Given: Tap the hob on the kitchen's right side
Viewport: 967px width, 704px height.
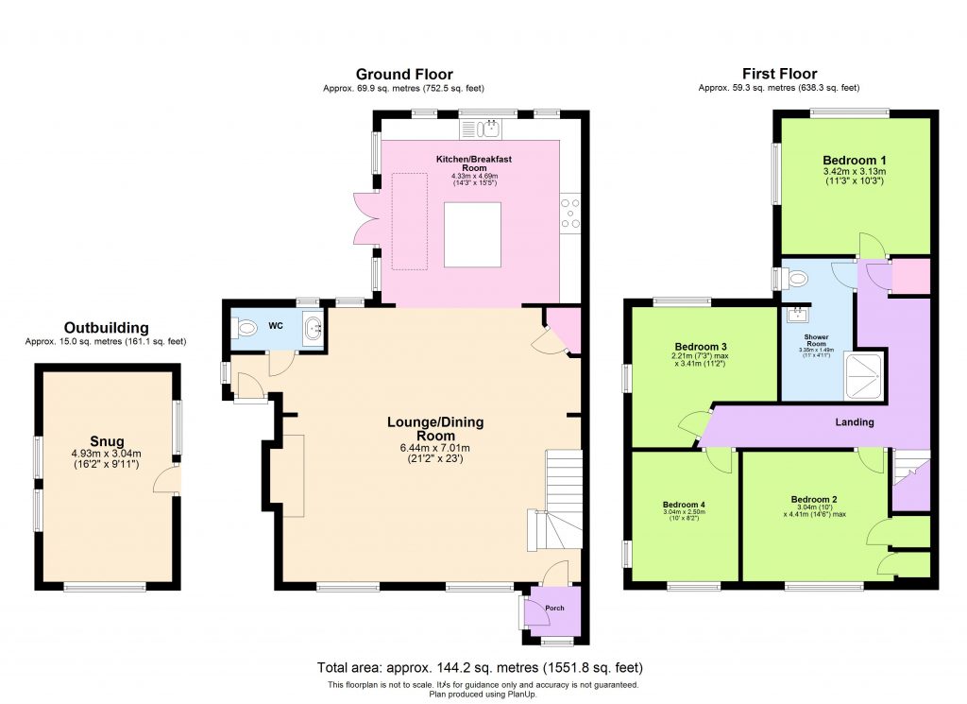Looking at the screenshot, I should [570, 213].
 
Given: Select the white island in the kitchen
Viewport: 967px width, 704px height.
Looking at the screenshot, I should [472, 234].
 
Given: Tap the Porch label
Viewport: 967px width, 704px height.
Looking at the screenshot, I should [554, 609].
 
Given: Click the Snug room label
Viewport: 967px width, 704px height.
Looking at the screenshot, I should [108, 440].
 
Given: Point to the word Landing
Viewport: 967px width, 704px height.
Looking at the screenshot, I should [854, 422].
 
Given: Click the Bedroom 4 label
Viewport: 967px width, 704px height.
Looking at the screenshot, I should [684, 505].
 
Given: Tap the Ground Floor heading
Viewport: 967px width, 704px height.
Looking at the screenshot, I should [404, 74].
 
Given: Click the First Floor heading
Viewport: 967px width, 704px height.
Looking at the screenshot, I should [779, 74].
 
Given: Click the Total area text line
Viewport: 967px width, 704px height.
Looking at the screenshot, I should [483, 667].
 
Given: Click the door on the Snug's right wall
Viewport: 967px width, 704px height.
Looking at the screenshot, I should [169, 478].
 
